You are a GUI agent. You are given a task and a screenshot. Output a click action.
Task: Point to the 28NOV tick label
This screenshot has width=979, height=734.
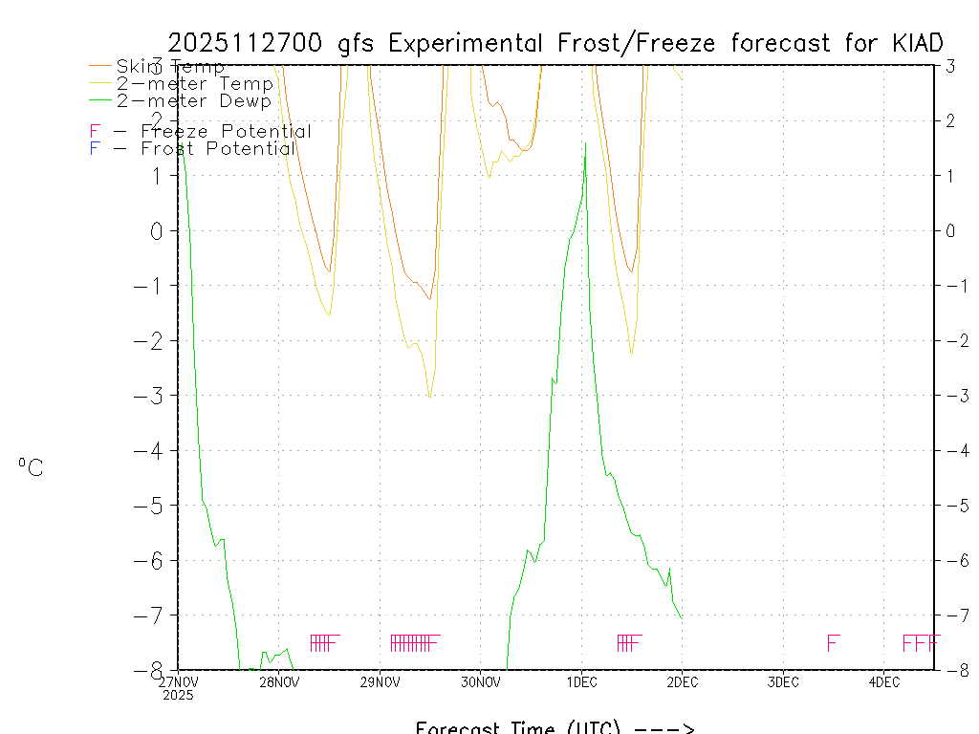[x=279, y=682]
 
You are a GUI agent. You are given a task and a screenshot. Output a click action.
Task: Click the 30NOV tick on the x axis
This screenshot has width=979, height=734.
[x=481, y=682]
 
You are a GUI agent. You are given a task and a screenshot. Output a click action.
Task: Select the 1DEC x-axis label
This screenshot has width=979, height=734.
[x=581, y=682]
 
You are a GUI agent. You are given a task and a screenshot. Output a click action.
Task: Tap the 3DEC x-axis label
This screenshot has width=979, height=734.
[x=783, y=682]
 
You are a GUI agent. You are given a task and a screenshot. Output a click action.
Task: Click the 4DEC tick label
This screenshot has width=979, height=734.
[x=883, y=682]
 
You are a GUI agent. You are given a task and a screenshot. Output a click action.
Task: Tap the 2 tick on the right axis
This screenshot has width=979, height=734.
[x=951, y=120]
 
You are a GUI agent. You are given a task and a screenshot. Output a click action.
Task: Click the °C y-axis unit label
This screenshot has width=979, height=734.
[x=31, y=467]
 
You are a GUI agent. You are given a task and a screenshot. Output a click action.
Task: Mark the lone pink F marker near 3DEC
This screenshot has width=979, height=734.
[x=833, y=643]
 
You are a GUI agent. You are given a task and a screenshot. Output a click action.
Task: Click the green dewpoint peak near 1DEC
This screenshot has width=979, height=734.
[x=585, y=143]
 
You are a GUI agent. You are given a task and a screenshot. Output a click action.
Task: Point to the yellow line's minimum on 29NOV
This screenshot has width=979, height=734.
[x=430, y=397]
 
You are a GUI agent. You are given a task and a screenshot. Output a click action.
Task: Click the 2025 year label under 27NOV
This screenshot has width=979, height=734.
[x=178, y=695]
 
